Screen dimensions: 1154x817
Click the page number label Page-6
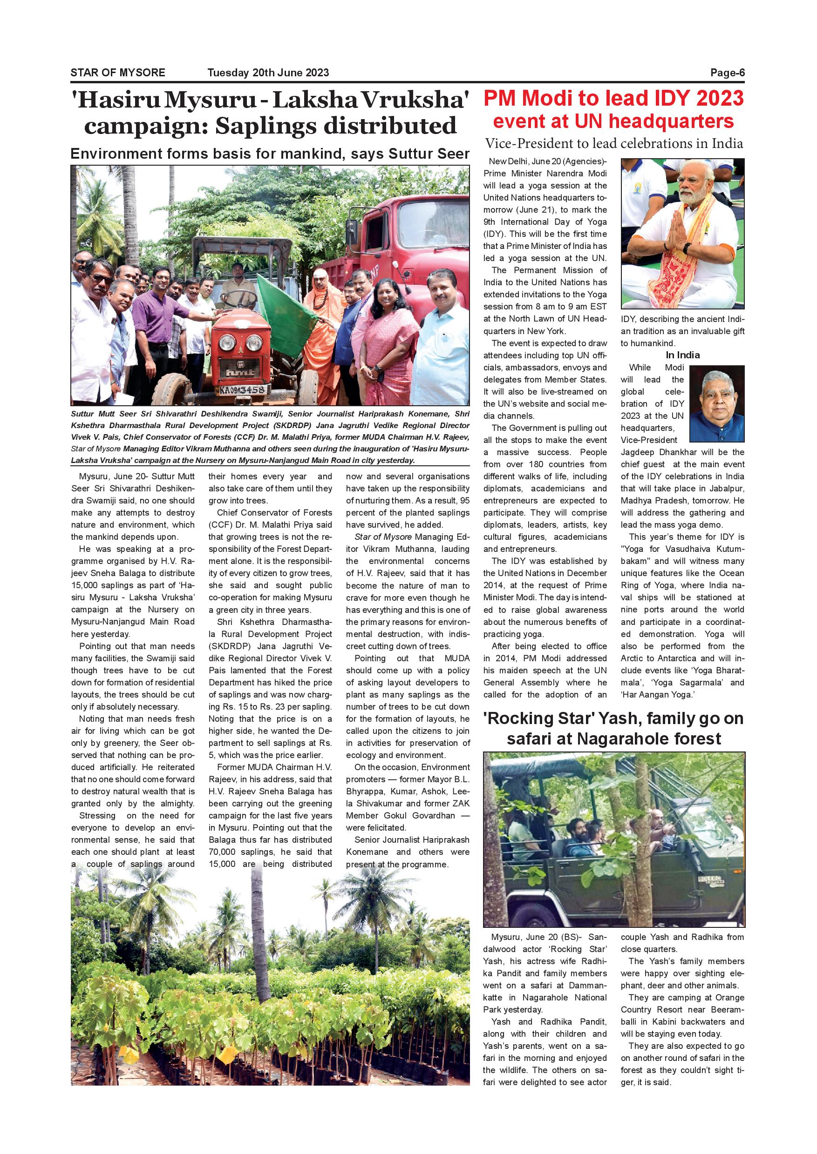[x=727, y=73]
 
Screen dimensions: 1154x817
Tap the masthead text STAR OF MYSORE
[x=118, y=73]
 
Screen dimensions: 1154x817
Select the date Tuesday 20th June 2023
[x=268, y=73]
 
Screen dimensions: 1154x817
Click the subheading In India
[x=682, y=355]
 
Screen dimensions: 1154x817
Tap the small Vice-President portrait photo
[x=717, y=403]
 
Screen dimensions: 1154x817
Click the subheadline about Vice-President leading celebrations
[x=614, y=144]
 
